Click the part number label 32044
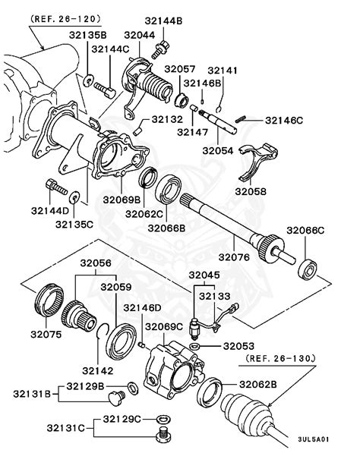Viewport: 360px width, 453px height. click(140, 34)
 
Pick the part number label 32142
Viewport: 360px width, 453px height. click(97, 370)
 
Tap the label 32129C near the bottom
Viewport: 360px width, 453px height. click(122, 420)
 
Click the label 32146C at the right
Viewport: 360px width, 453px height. click(284, 120)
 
